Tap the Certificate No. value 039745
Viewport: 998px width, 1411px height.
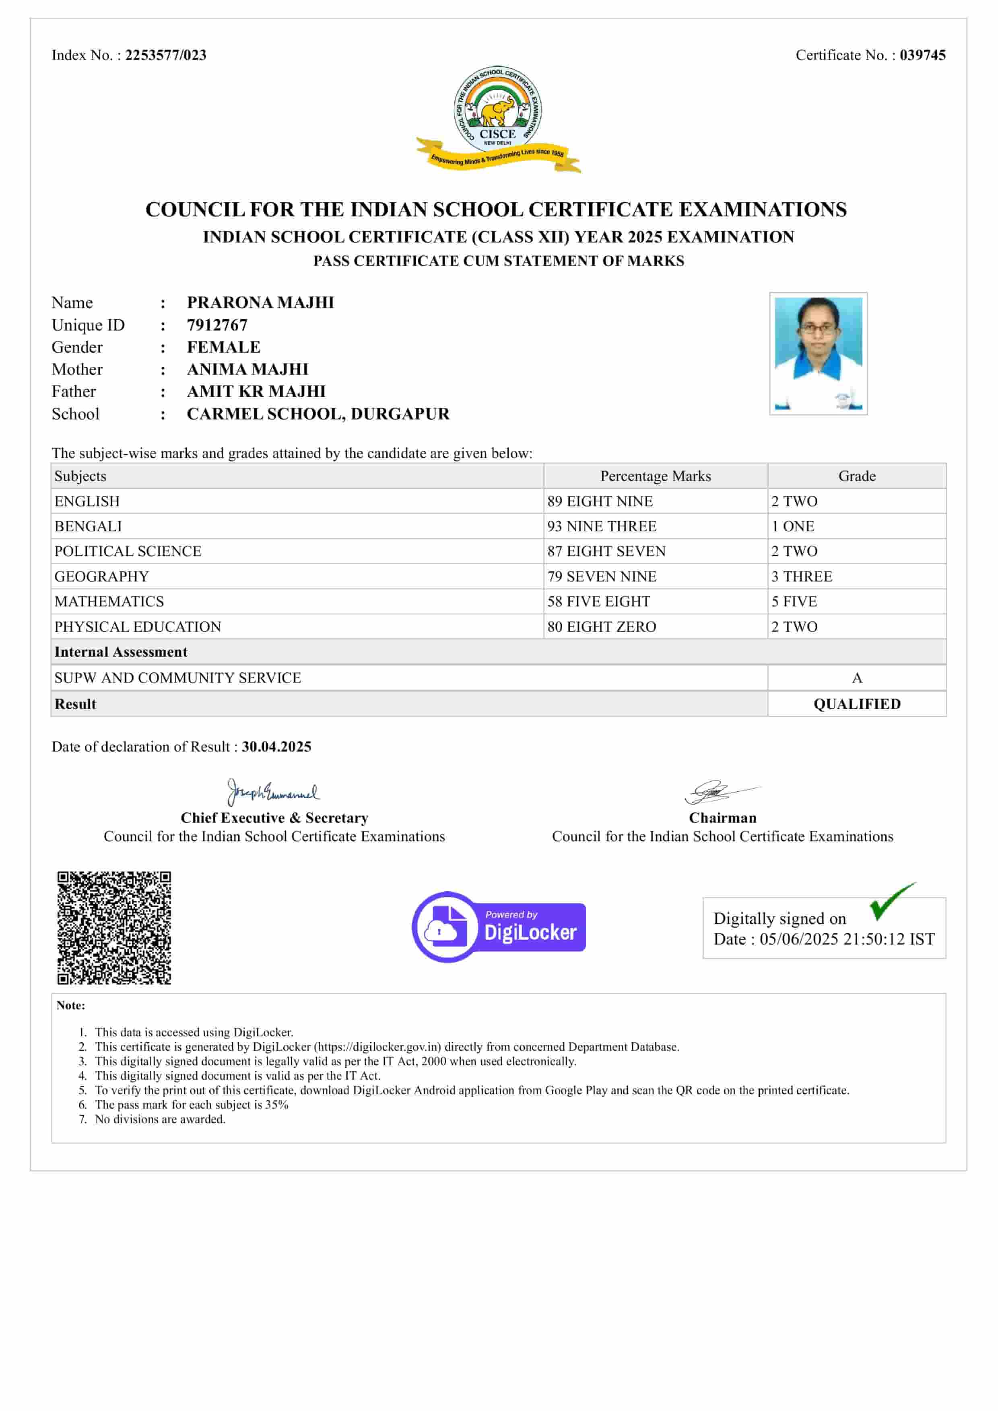click(x=922, y=55)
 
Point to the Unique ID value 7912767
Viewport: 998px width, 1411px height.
click(x=217, y=325)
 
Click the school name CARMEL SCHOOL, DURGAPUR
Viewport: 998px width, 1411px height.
click(x=318, y=414)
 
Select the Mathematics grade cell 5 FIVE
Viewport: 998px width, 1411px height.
click(x=794, y=602)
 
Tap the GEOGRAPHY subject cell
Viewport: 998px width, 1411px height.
click(x=101, y=577)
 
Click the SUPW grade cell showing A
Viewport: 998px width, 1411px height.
click(x=857, y=678)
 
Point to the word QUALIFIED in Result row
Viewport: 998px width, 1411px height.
click(x=857, y=704)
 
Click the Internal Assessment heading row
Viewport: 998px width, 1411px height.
click(x=121, y=652)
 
